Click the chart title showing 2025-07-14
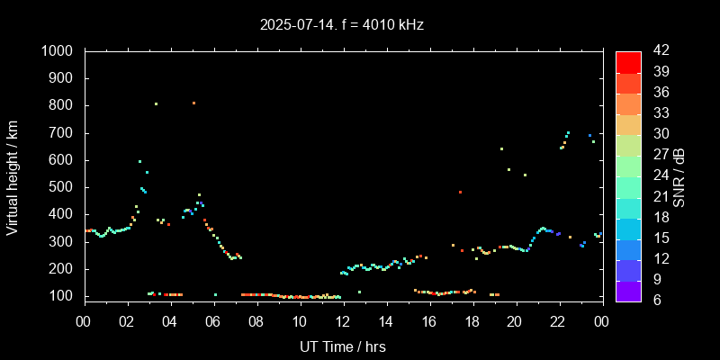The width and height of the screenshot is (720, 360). tap(341, 25)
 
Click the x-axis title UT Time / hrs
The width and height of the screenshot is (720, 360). tap(343, 346)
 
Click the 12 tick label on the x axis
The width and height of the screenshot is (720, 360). tap(343, 321)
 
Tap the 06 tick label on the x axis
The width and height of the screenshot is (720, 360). tap(213, 321)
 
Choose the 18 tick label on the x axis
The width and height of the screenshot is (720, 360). tap(472, 321)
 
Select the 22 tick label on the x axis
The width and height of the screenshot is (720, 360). tap(558, 321)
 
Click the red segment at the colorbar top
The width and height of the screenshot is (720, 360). tap(628, 61)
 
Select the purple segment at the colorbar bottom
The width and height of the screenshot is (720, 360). tap(628, 290)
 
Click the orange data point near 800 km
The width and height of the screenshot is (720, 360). tap(193, 103)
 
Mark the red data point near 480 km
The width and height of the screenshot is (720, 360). tap(460, 192)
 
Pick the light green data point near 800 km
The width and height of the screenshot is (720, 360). tap(156, 104)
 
